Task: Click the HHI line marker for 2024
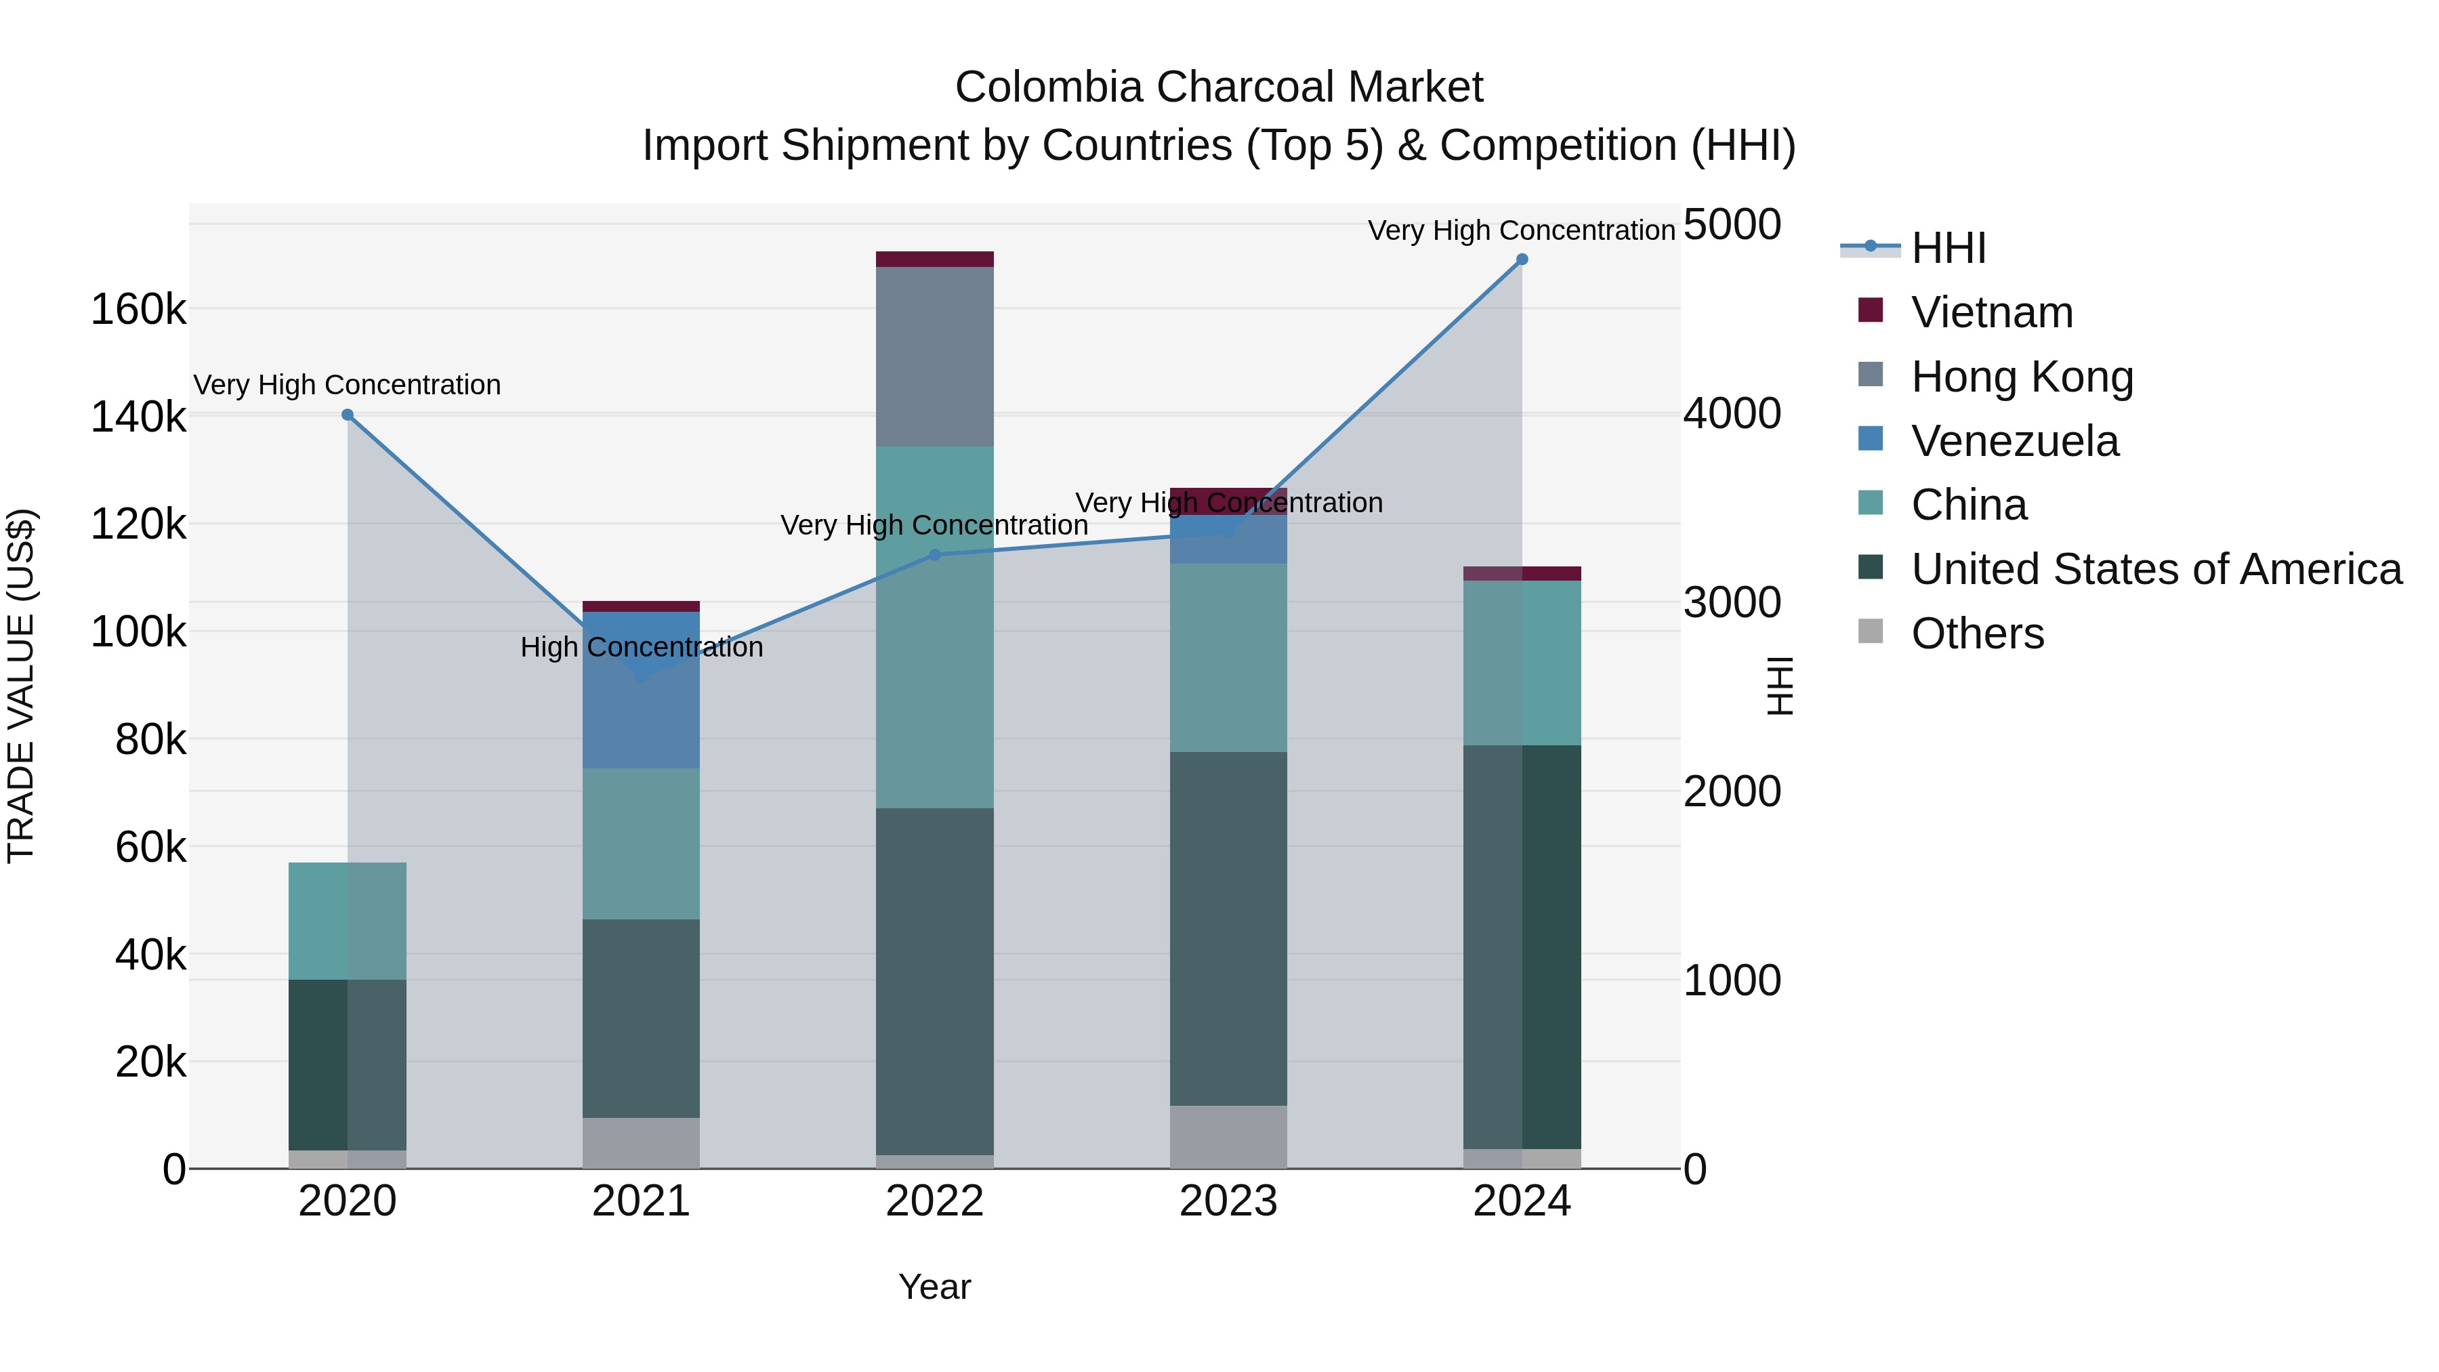(x=1522, y=259)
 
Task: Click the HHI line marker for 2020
(x=348, y=415)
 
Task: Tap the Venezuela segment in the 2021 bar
(x=641, y=720)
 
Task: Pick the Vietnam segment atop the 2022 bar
(x=934, y=259)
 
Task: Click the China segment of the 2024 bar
(x=1522, y=663)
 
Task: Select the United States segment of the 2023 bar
(x=1228, y=928)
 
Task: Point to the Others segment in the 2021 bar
(x=641, y=1143)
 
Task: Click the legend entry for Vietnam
(x=1991, y=312)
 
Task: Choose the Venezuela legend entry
(x=2014, y=441)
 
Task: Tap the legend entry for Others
(x=1977, y=633)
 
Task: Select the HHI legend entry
(x=1948, y=248)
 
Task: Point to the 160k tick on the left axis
(x=138, y=310)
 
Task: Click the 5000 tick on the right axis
(x=1732, y=226)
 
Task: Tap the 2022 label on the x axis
(x=934, y=1201)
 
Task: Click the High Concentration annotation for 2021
(x=641, y=648)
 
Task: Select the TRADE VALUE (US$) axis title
(x=21, y=686)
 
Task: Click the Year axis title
(x=934, y=1287)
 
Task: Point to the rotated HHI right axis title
(x=1779, y=686)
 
